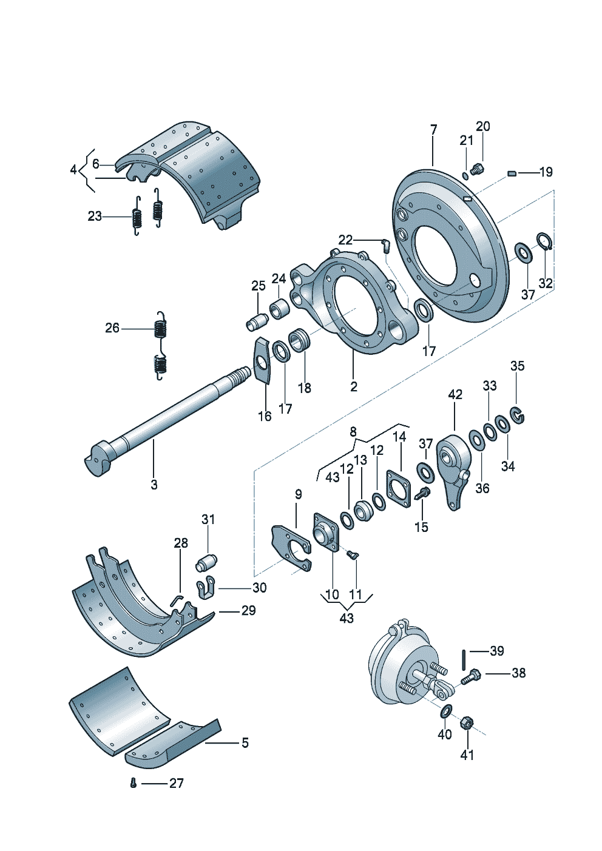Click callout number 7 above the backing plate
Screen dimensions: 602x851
pyautogui.click(x=434, y=130)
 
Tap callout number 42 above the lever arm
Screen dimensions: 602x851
pyautogui.click(x=455, y=394)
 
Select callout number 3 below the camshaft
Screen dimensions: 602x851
pyautogui.click(x=154, y=485)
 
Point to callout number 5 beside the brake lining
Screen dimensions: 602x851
pyautogui.click(x=245, y=742)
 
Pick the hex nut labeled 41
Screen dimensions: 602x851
pyautogui.click(x=466, y=723)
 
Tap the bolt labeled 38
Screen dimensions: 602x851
pyautogui.click(x=471, y=677)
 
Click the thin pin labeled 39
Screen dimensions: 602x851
pyautogui.click(x=465, y=660)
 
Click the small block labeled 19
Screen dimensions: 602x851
pyautogui.click(x=512, y=173)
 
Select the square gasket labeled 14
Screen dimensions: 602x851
pyautogui.click(x=399, y=488)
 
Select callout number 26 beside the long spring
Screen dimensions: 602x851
pyautogui.click(x=112, y=328)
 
